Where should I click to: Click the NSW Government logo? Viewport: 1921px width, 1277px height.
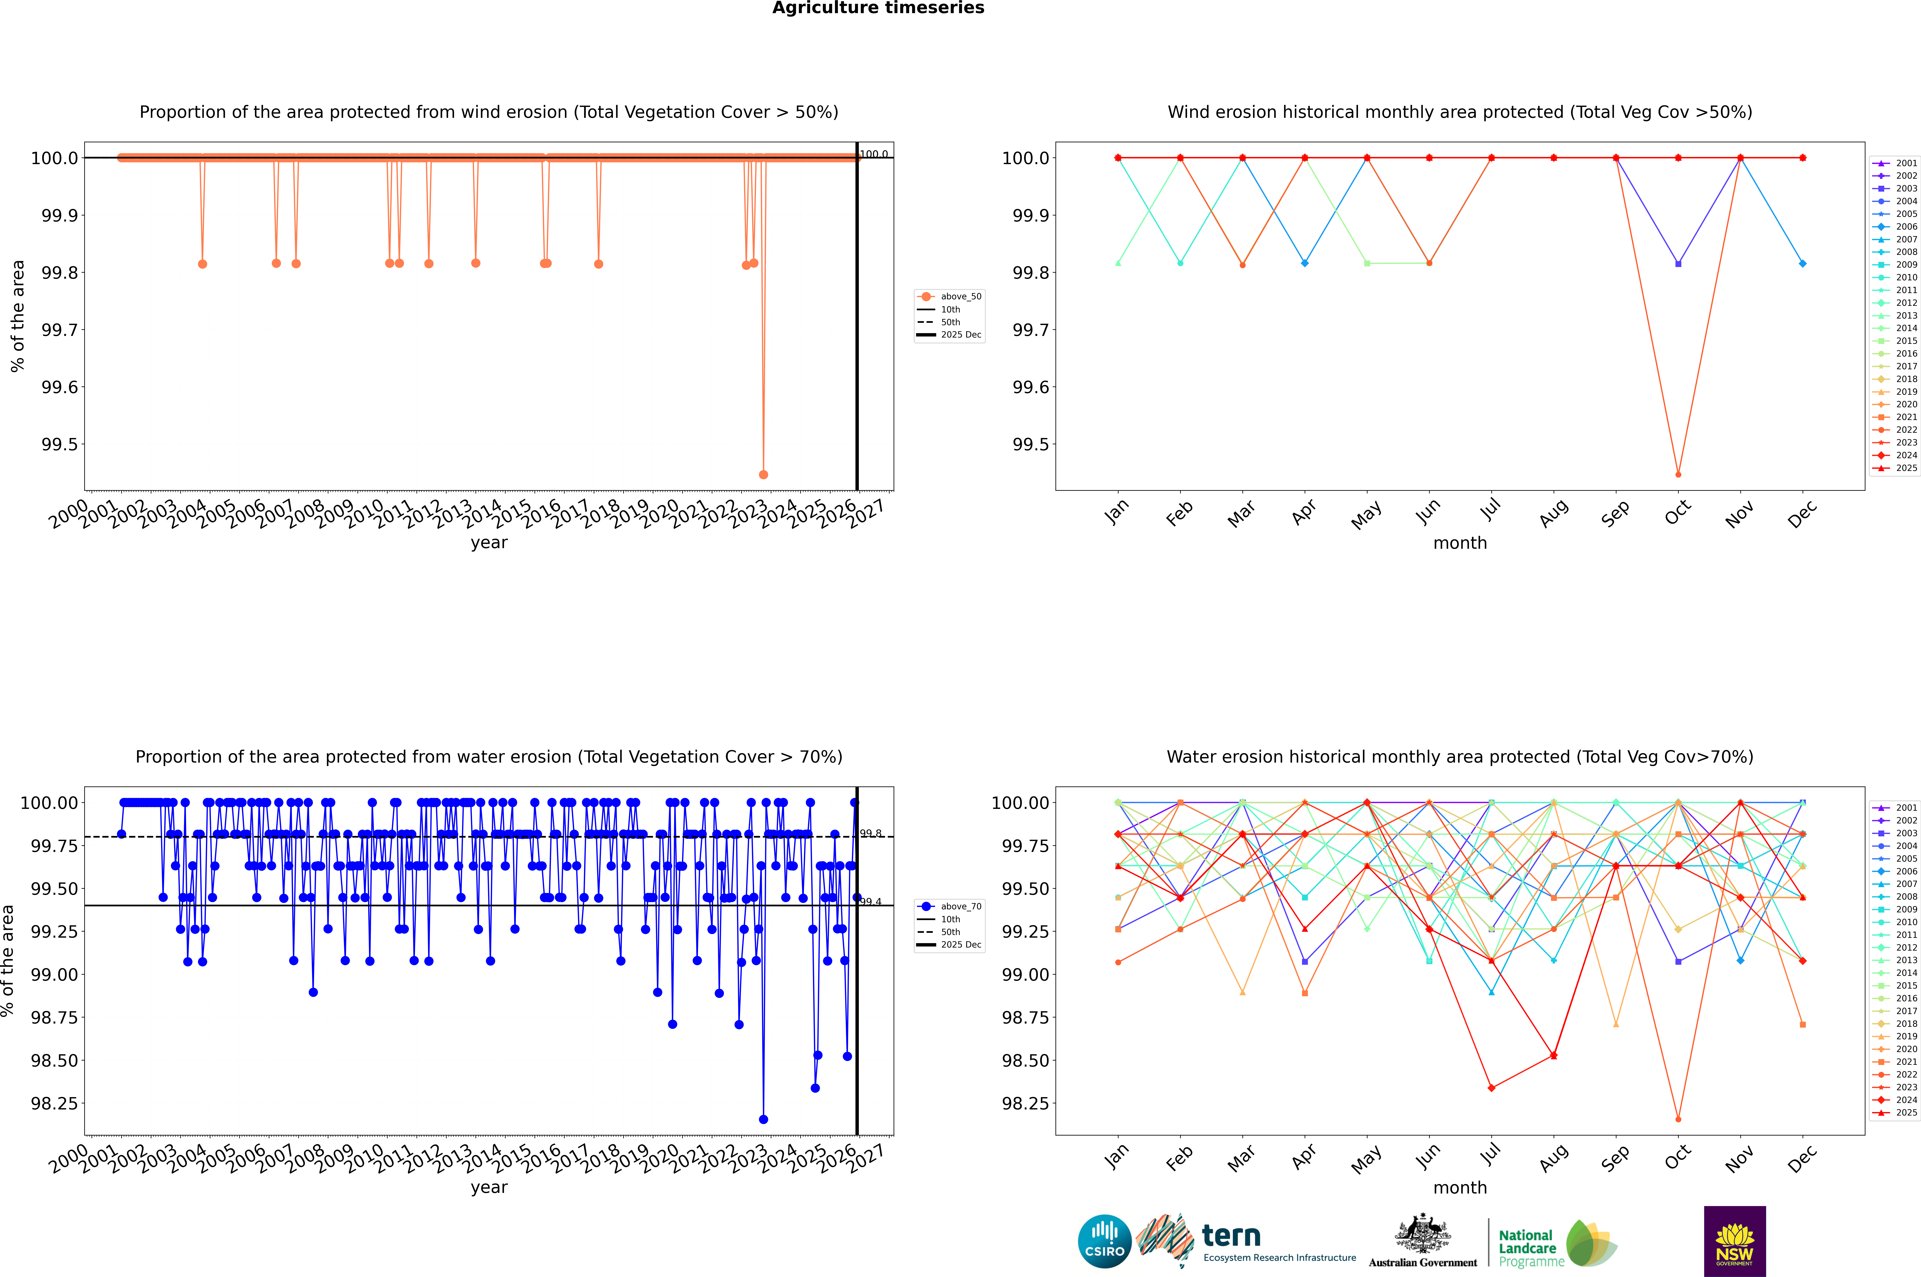tap(1734, 1241)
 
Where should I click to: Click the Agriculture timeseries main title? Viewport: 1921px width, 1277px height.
tap(878, 8)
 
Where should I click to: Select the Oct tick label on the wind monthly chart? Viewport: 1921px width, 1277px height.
tap(1677, 513)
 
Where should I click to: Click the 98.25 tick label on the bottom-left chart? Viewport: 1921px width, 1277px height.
tap(55, 1104)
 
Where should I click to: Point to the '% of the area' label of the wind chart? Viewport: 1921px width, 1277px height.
tap(17, 316)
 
